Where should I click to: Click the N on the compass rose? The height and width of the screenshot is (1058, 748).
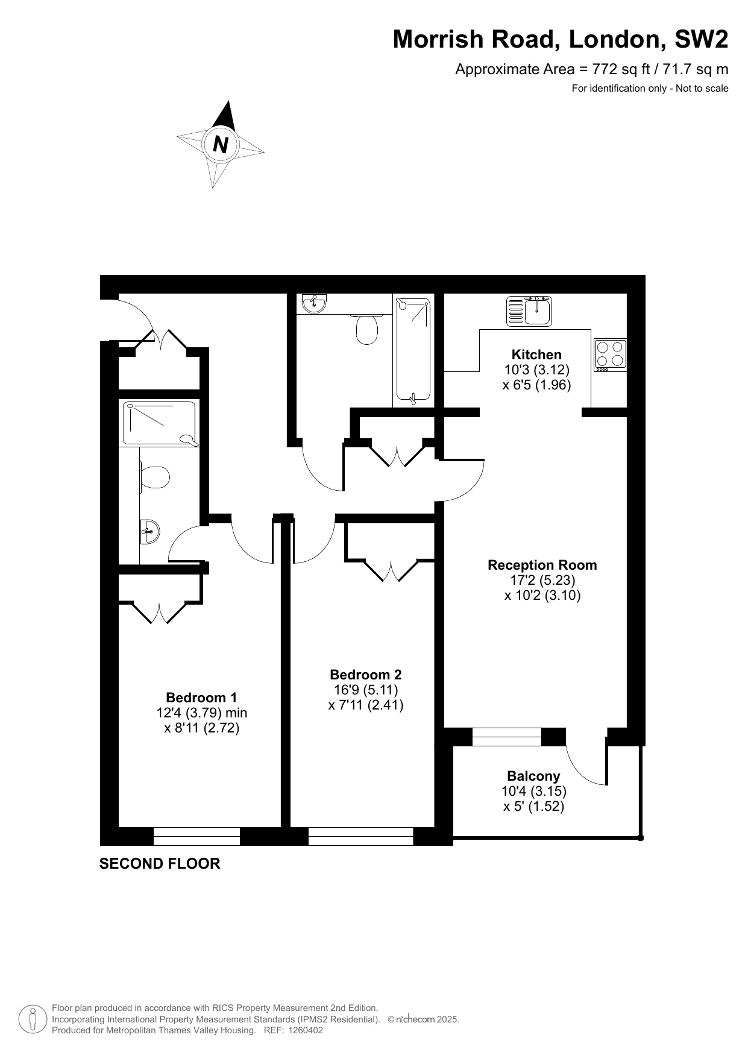click(221, 145)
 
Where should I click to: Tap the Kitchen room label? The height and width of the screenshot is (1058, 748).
click(536, 354)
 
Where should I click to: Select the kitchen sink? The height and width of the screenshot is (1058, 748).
click(529, 311)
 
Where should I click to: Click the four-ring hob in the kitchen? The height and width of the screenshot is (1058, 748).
click(610, 354)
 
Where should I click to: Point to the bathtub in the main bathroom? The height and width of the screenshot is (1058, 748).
click(413, 351)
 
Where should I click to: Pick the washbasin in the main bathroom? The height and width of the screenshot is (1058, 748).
click(314, 304)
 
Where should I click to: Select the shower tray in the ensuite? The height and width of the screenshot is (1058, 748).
click(160, 423)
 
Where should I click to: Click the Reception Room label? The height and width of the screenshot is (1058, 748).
click(542, 565)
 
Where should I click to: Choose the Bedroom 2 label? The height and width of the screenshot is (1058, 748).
click(365, 675)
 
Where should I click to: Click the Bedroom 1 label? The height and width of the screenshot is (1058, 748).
click(201, 697)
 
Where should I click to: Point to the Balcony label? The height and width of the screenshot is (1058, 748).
click(533, 776)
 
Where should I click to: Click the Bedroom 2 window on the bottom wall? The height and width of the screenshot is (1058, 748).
click(360, 836)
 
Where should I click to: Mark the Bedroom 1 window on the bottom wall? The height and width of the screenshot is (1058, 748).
click(196, 836)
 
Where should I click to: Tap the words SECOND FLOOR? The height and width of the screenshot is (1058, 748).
click(160, 863)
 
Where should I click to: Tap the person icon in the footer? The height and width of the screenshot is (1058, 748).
click(33, 1019)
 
